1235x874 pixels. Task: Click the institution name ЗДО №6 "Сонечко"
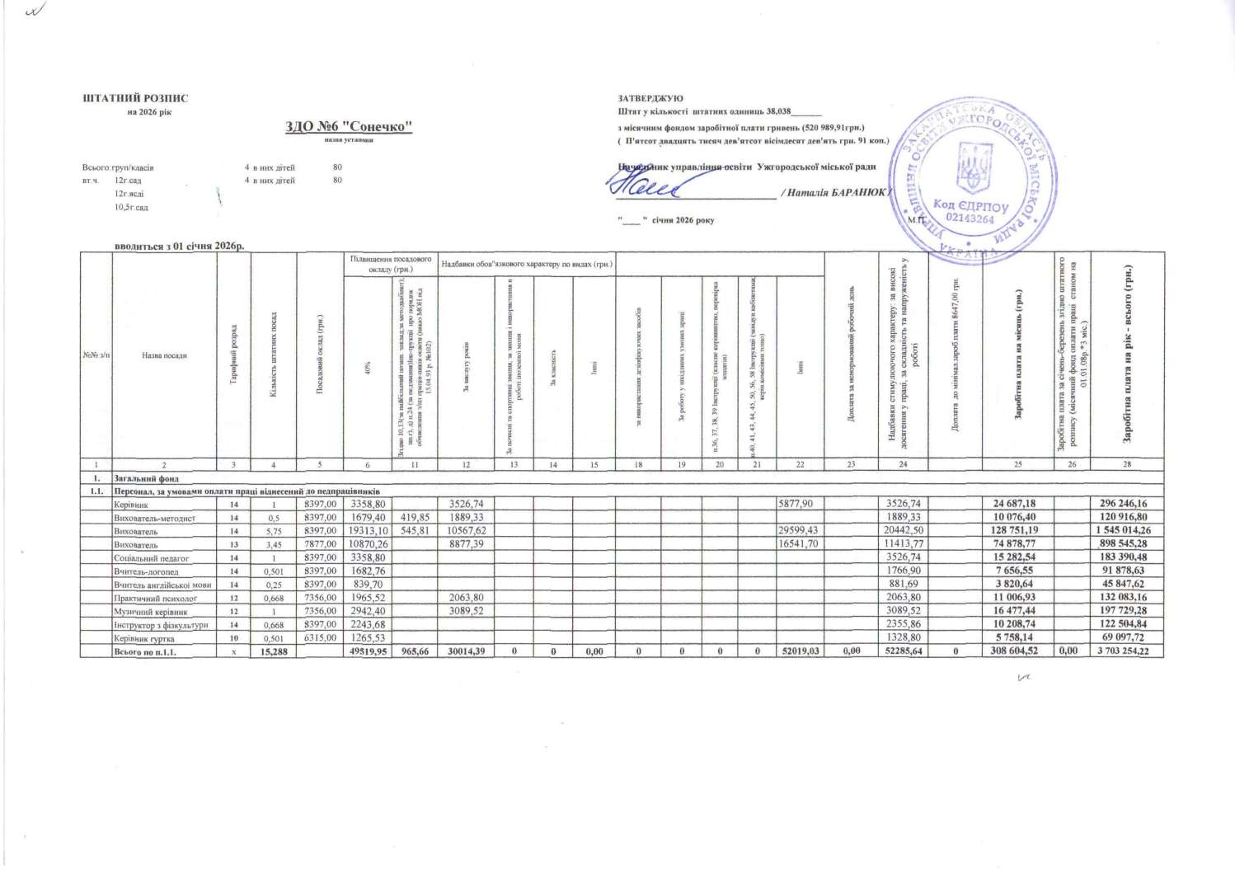point(348,126)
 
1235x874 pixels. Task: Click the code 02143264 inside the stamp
point(970,219)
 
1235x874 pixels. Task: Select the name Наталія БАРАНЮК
point(835,193)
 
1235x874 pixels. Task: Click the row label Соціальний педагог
point(151,558)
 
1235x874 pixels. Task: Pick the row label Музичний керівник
point(150,612)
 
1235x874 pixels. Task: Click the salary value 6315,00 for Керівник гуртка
point(320,638)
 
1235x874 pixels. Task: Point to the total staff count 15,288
point(273,651)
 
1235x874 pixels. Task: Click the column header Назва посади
point(164,355)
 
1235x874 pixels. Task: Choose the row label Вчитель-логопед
point(146,571)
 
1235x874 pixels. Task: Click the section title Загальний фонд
point(146,478)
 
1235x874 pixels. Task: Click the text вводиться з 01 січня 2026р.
point(179,246)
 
